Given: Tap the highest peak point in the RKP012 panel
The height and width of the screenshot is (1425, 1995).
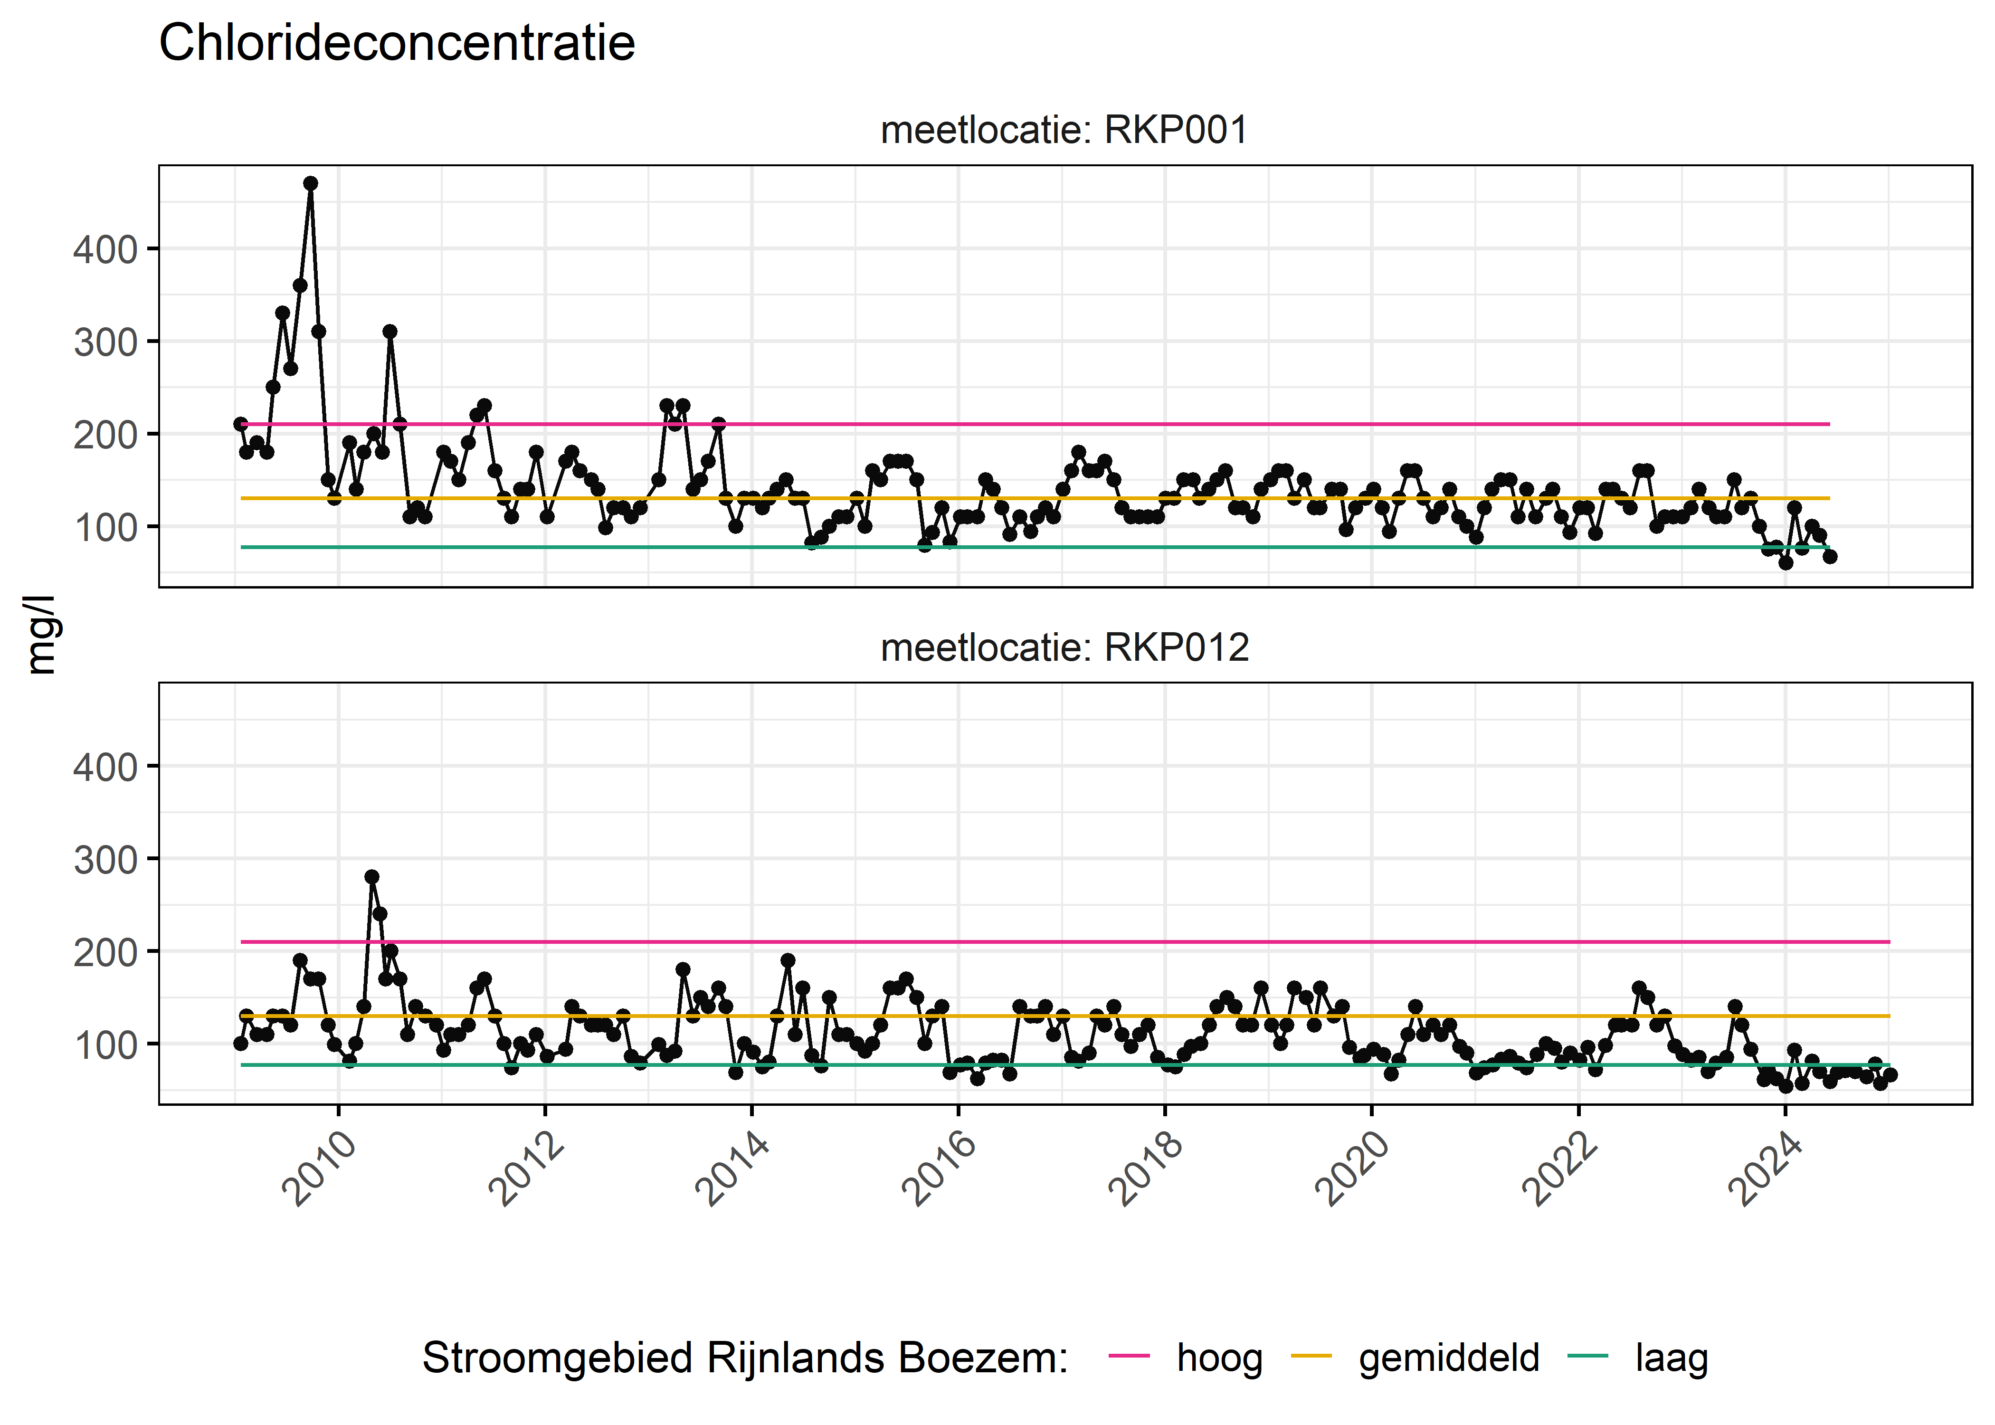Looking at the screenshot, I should click(x=372, y=876).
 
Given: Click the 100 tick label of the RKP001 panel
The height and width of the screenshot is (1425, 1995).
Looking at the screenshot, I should click(x=105, y=527).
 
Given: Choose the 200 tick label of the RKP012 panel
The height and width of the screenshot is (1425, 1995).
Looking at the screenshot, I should click(x=105, y=952).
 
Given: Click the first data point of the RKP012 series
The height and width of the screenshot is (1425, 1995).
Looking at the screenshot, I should click(x=240, y=1043).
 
